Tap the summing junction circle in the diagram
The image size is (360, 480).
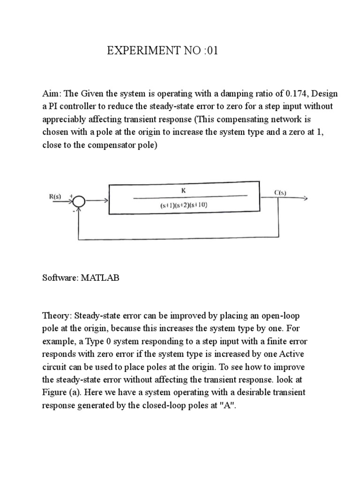point(79,202)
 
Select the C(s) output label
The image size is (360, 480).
point(281,192)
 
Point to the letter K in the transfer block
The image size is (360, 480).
point(183,191)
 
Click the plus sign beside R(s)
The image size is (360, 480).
point(71,196)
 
